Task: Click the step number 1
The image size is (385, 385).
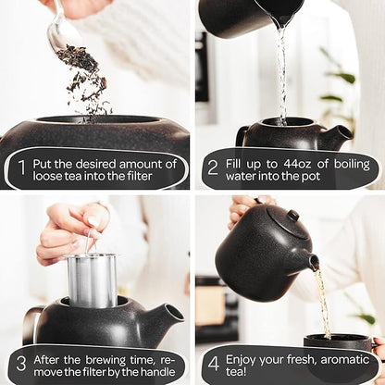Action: (20, 169)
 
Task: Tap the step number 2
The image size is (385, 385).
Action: (213, 169)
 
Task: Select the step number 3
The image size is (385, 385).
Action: (20, 363)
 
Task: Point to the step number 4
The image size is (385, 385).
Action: (213, 363)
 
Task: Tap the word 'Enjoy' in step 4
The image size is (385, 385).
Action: (245, 356)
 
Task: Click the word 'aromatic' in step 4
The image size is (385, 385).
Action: (331, 356)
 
